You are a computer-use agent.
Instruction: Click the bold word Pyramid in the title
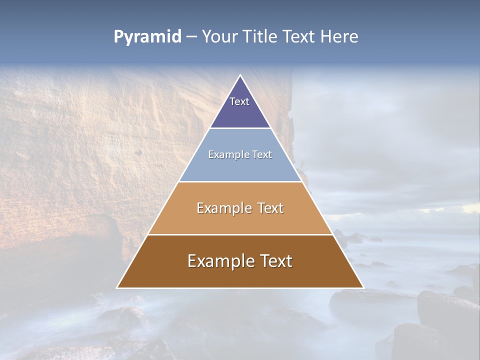147,37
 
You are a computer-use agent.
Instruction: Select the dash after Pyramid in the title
191,37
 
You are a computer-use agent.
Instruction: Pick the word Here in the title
339,37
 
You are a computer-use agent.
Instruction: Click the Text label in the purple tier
239,101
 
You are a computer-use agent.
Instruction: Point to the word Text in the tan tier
270,208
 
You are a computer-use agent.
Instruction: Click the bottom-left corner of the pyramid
117,287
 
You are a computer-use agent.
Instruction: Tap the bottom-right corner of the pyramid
363,287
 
